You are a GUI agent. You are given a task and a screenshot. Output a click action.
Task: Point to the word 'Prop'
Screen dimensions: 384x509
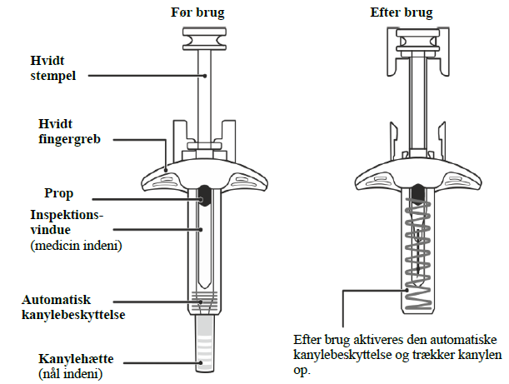(x=59, y=192)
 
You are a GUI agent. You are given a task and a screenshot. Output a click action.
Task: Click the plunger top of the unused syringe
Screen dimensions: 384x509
(x=202, y=38)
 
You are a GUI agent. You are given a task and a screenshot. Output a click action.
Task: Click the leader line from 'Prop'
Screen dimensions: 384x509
(x=146, y=197)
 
